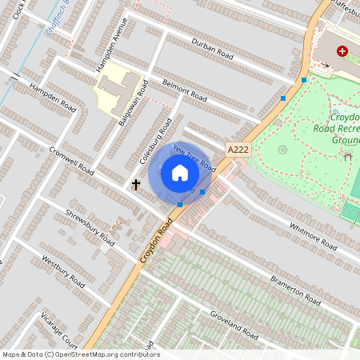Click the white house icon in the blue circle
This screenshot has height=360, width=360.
click(179, 172)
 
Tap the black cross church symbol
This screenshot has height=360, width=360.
click(136, 185)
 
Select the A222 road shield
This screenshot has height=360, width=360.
click(238, 150)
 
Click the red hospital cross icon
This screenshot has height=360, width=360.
click(342, 50)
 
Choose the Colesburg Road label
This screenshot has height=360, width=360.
click(158, 141)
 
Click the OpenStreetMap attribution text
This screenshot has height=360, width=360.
click(80, 354)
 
